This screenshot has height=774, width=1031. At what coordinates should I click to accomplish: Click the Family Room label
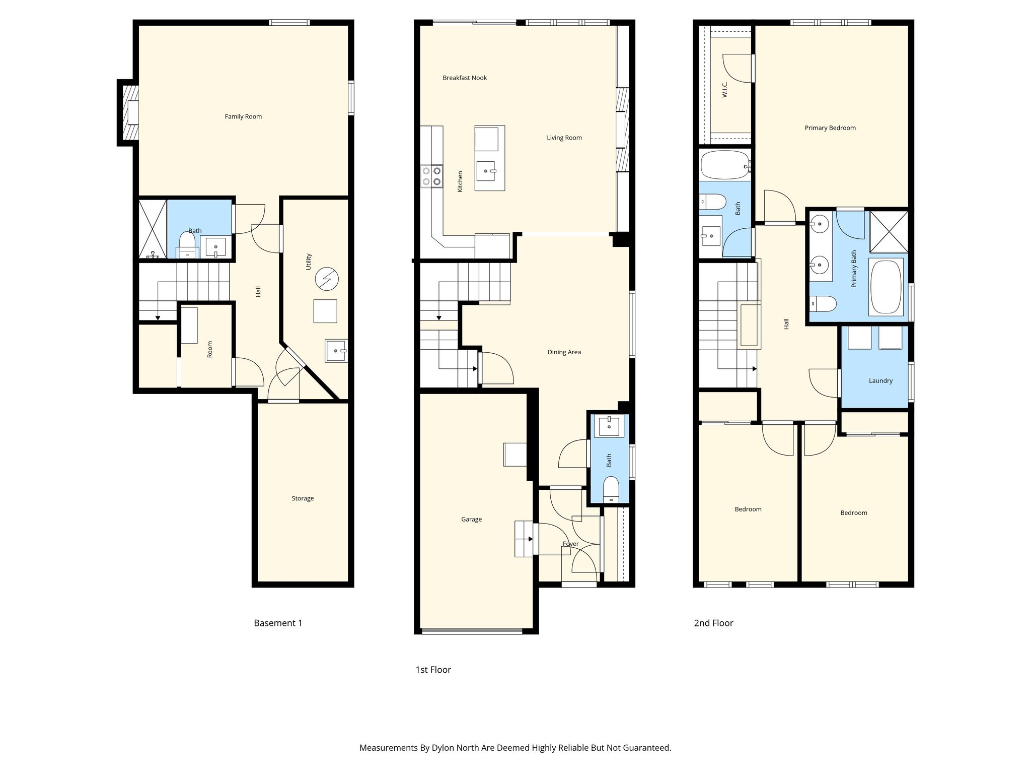click(x=243, y=116)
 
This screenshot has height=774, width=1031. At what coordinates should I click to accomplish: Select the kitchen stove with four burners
click(x=432, y=176)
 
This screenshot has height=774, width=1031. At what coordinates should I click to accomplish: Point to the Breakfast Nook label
click(x=465, y=78)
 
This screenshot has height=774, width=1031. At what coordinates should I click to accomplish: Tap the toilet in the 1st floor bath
click(x=611, y=490)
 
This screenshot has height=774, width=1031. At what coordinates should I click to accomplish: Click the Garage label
click(x=472, y=519)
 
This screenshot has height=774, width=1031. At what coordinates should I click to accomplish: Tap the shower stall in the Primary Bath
click(x=889, y=231)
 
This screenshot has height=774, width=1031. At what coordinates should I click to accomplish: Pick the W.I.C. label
click(x=725, y=89)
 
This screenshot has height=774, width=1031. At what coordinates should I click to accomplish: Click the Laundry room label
click(x=880, y=381)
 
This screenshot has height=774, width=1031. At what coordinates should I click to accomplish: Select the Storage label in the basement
click(x=303, y=498)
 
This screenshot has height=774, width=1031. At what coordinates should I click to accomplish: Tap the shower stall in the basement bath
click(x=152, y=230)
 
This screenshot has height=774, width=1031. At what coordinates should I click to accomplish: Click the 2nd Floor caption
click(x=713, y=623)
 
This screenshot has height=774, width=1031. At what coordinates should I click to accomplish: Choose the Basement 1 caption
click(x=278, y=623)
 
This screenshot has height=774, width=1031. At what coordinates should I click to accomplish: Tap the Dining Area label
click(x=564, y=352)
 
